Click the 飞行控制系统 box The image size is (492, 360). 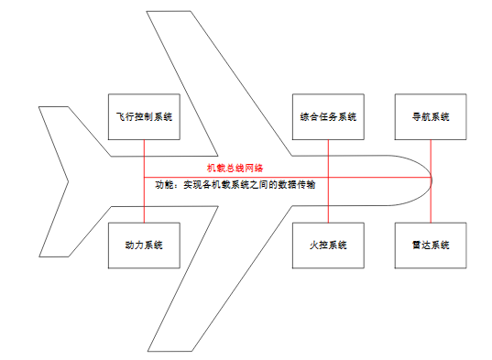click(144, 116)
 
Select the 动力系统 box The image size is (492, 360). click(144, 245)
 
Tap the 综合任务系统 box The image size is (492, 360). click(327, 116)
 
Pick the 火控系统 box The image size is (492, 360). click(327, 245)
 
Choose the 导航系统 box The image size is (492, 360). click(431, 116)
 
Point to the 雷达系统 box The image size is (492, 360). click(431, 245)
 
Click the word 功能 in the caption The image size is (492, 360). click(165, 184)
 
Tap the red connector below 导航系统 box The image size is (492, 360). click(431, 156)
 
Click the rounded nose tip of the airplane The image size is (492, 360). click(432, 178)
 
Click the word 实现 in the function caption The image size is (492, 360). click(192, 184)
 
